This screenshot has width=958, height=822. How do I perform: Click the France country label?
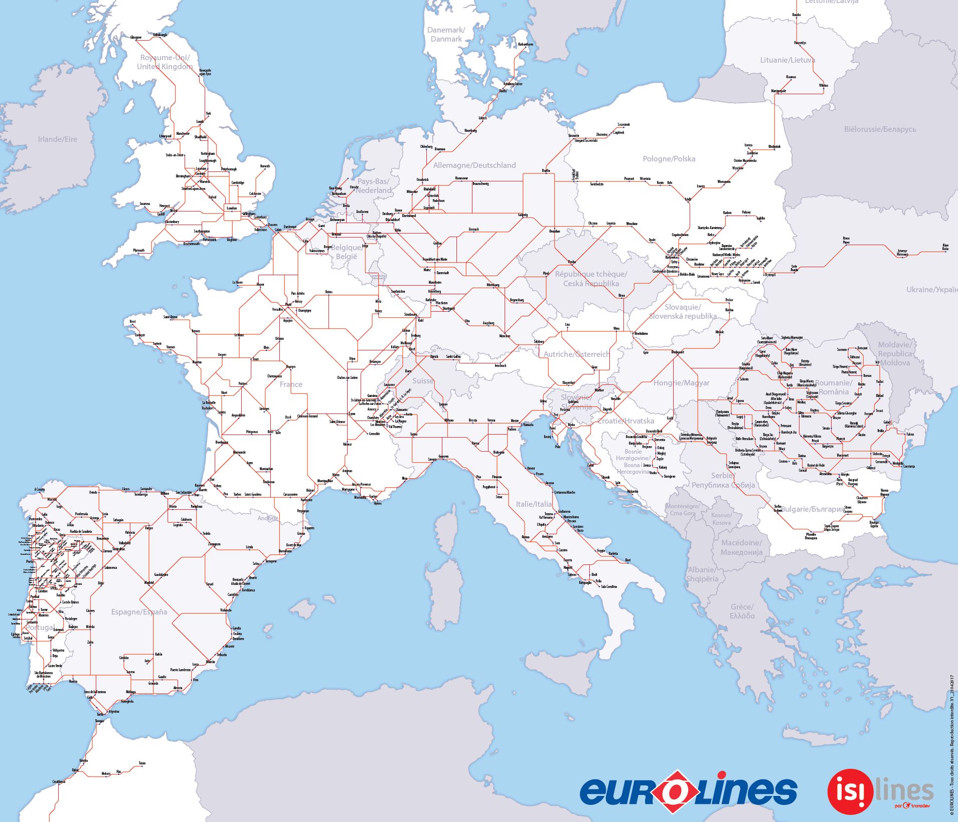click(291, 384)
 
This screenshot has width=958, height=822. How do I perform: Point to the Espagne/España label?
click(139, 612)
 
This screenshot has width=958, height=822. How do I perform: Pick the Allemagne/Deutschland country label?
click(474, 165)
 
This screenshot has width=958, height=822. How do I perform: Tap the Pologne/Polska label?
click(669, 159)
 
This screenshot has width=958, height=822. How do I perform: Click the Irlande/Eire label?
click(58, 139)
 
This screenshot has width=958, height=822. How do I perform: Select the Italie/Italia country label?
click(534, 504)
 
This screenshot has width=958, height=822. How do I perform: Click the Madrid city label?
click(149, 582)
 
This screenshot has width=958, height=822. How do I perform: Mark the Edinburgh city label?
click(159, 35)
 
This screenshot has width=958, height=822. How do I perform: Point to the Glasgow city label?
click(136, 38)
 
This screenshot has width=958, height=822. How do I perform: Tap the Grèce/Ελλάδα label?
click(742, 611)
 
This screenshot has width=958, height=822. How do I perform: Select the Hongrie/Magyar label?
click(681, 383)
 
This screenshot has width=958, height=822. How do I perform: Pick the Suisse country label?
click(422, 381)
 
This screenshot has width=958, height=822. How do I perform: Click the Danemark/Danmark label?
click(446, 35)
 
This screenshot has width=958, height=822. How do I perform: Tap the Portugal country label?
click(40, 628)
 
